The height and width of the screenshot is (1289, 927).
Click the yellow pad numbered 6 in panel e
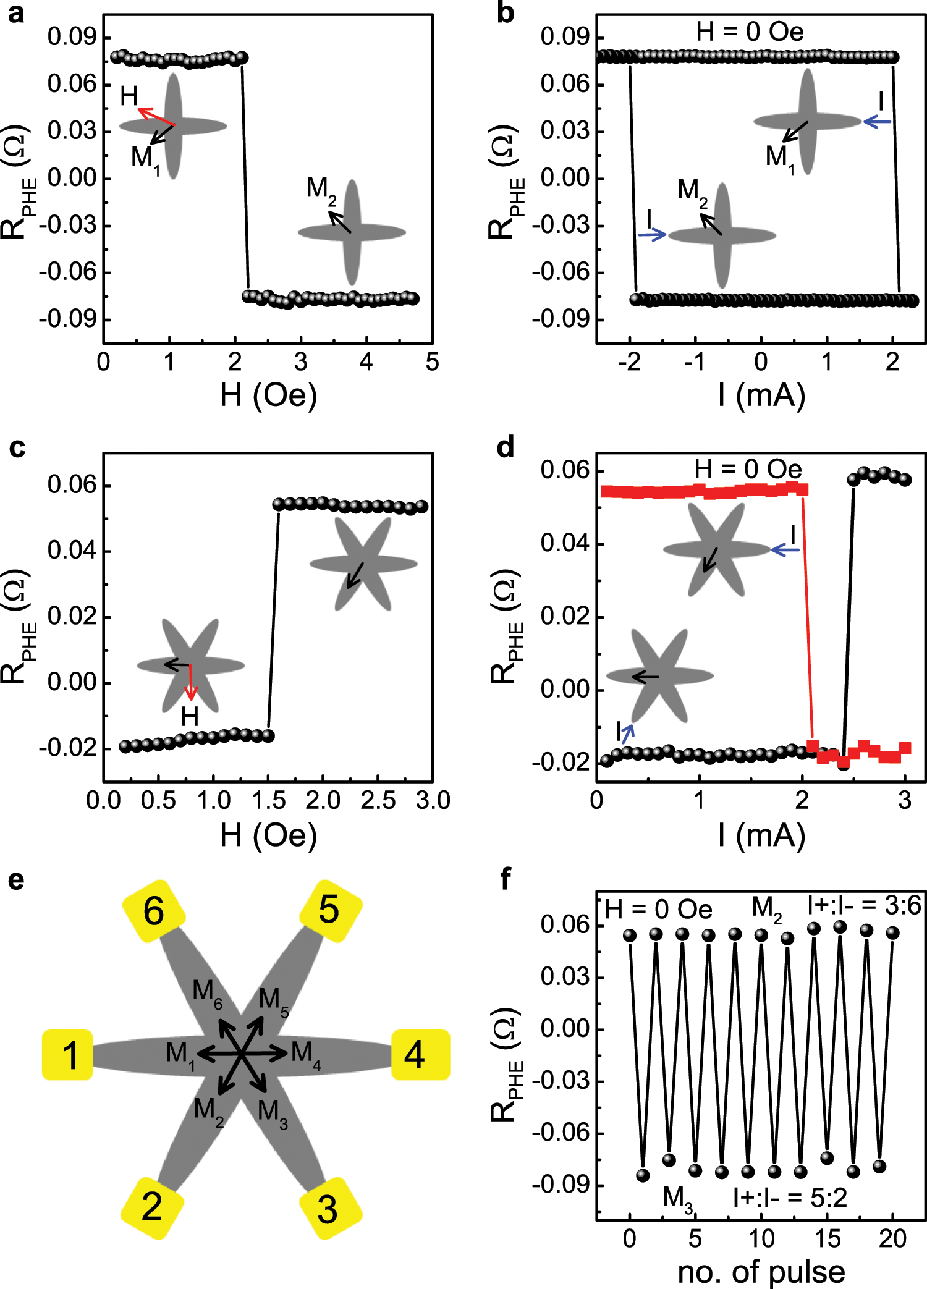coord(154,910)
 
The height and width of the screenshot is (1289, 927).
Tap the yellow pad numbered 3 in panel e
coord(329,1209)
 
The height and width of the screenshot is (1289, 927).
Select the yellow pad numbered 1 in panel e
coord(68,1055)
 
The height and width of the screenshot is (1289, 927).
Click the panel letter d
coord(505,447)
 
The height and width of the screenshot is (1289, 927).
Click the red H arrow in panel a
coord(155,116)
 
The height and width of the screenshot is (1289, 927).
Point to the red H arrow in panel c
coord(191,682)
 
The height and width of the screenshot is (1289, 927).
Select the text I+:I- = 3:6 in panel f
coord(864,906)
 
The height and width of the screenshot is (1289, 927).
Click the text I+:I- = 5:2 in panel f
coord(789,1198)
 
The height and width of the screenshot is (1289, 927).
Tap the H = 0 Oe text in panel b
coord(750,32)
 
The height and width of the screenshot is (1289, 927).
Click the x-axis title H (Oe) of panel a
coord(268,395)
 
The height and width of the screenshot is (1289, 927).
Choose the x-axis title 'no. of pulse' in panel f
coord(761,1272)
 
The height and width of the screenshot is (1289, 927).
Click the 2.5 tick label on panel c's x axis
coord(378,800)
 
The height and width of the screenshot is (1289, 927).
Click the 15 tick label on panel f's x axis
coord(827,1238)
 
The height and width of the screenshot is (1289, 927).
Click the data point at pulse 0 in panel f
coord(630,935)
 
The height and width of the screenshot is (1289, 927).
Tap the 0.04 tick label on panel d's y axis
coord(565,543)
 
